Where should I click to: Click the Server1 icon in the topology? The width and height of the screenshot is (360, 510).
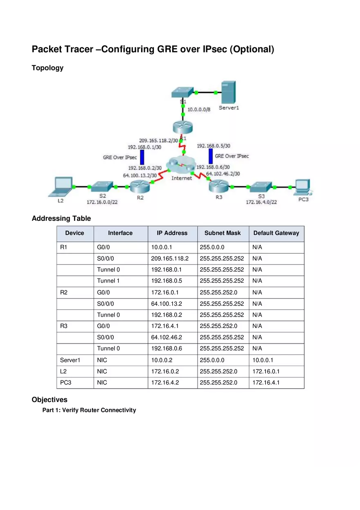pos(228,92)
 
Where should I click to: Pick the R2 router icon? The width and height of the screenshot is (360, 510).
pos(140,187)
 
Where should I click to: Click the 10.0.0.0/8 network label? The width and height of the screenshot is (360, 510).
pos(199,110)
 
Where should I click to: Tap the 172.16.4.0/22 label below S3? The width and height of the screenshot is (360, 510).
pos(261,202)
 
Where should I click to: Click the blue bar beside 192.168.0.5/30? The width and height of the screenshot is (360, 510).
pos(211,156)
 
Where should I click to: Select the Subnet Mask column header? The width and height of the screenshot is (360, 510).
pos(223,233)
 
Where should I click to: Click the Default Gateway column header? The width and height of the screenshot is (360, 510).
pos(276,233)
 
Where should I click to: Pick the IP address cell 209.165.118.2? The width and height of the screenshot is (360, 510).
pos(170,258)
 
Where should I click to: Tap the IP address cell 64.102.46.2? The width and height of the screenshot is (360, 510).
pos(166,337)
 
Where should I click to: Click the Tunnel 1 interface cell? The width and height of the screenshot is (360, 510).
pos(108,281)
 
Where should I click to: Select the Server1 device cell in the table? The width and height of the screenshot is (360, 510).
pos(70,360)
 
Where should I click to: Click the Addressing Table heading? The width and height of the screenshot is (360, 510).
pos(61,218)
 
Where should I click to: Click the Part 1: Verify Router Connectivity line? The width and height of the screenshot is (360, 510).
pos(89,410)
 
